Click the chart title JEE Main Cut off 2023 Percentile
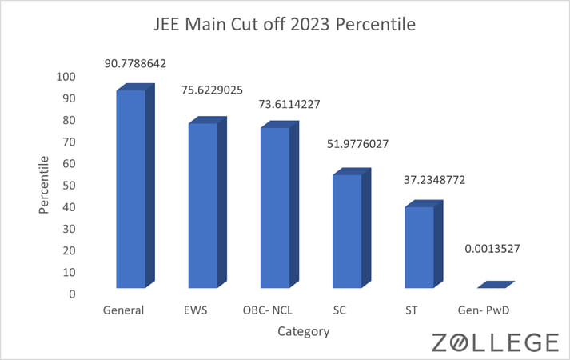(x=285, y=25)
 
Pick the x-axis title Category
(x=303, y=330)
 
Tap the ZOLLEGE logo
(x=495, y=342)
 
